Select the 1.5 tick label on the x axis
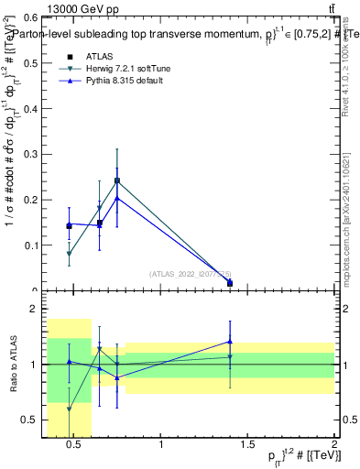point(248,445)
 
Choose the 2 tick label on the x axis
point(334,445)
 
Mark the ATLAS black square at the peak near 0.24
point(117,181)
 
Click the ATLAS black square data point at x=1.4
point(230,283)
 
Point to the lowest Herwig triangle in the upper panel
point(70,254)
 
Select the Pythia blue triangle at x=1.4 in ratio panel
point(230,342)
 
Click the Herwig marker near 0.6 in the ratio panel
point(70,409)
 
